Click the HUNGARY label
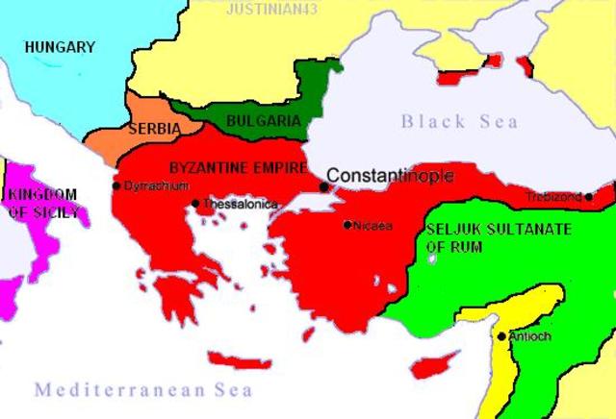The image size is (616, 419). [60, 46]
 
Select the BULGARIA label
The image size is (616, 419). [263, 121]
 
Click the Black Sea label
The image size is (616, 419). [459, 121]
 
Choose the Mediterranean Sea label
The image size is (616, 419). [143, 390]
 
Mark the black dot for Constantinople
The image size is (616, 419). [323, 186]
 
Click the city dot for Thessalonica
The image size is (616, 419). [195, 203]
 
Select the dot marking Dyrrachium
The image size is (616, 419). [115, 185]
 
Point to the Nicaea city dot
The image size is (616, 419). [347, 225]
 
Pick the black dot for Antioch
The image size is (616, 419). [501, 335]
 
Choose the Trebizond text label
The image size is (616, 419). [554, 197]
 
